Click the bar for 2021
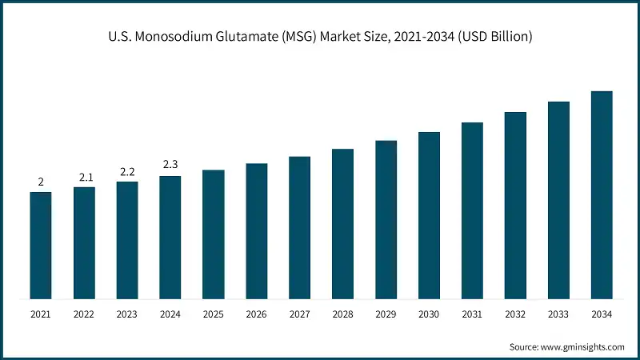pyautogui.click(x=41, y=246)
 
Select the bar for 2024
pyautogui.click(x=170, y=238)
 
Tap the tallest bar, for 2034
pyautogui.click(x=602, y=195)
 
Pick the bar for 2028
pyautogui.click(x=342, y=224)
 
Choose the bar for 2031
pyautogui.click(x=472, y=211)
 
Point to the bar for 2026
pyautogui.click(x=256, y=231)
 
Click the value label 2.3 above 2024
pyautogui.click(x=170, y=165)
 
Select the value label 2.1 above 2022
pyautogui.click(x=84, y=176)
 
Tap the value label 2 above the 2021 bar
pyautogui.click(x=41, y=181)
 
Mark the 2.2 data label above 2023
pyautogui.click(x=127, y=170)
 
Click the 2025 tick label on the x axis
pyautogui.click(x=213, y=315)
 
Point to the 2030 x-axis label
pyautogui.click(x=429, y=315)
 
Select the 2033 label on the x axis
pyautogui.click(x=558, y=315)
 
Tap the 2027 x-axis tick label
pyautogui.click(x=299, y=315)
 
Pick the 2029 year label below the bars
pyautogui.click(x=386, y=315)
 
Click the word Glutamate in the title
pyautogui.click(x=263, y=37)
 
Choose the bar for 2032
pyautogui.click(x=515, y=206)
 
